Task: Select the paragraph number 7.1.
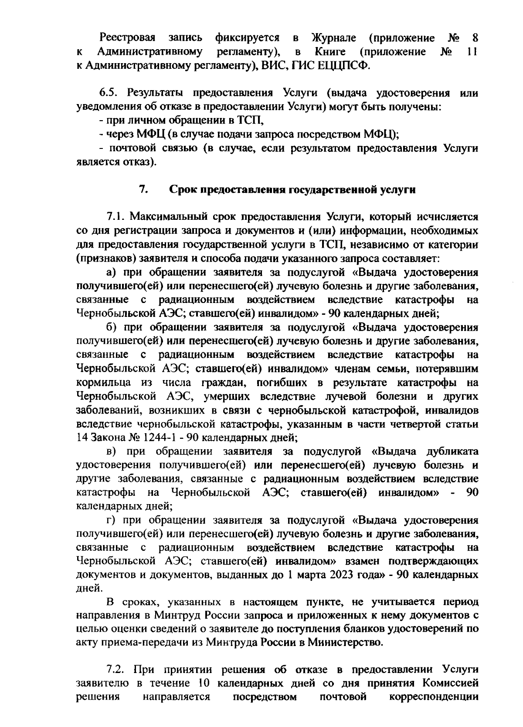pos(116,217)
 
